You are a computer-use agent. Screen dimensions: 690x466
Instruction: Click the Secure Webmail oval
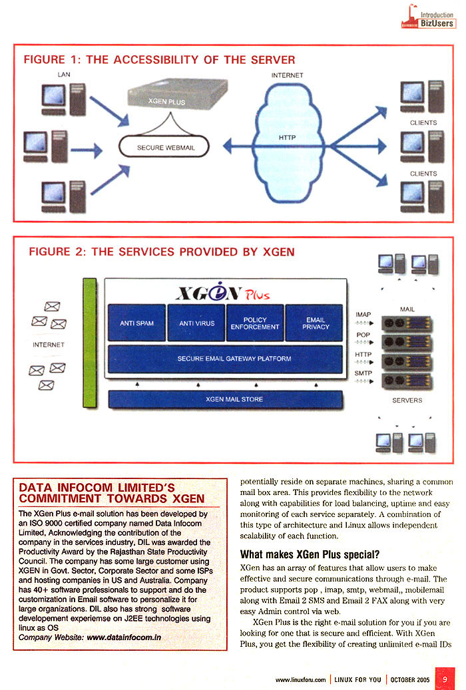pyautogui.click(x=166, y=147)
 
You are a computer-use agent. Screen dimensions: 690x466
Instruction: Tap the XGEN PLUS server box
pyautogui.click(x=169, y=100)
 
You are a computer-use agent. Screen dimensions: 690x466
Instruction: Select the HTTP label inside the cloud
pyautogui.click(x=287, y=137)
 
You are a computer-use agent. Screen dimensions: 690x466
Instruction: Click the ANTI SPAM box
pyautogui.click(x=136, y=323)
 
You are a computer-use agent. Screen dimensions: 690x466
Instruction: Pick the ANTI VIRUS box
pyautogui.click(x=197, y=323)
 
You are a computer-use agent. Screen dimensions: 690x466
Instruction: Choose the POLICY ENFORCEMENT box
pyautogui.click(x=255, y=323)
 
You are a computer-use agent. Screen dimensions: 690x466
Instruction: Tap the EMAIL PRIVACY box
pyautogui.click(x=316, y=323)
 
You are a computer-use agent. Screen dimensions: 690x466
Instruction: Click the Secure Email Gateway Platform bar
pyautogui.click(x=225, y=359)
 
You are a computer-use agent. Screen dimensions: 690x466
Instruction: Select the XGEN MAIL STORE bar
pyautogui.click(x=225, y=399)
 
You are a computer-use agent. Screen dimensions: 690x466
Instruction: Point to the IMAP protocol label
pyautogui.click(x=363, y=315)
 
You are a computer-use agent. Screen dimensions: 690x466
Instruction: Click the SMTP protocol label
pyautogui.click(x=363, y=373)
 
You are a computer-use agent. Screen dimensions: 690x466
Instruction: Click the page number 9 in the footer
pyautogui.click(x=445, y=679)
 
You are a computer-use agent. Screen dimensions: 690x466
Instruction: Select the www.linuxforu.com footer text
pyautogui.click(x=301, y=679)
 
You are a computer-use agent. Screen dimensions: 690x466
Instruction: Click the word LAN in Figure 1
pyautogui.click(x=64, y=75)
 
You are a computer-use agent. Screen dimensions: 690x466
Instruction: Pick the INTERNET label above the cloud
pyautogui.click(x=287, y=75)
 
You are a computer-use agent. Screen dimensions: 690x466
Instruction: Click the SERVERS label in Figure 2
pyautogui.click(x=407, y=401)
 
